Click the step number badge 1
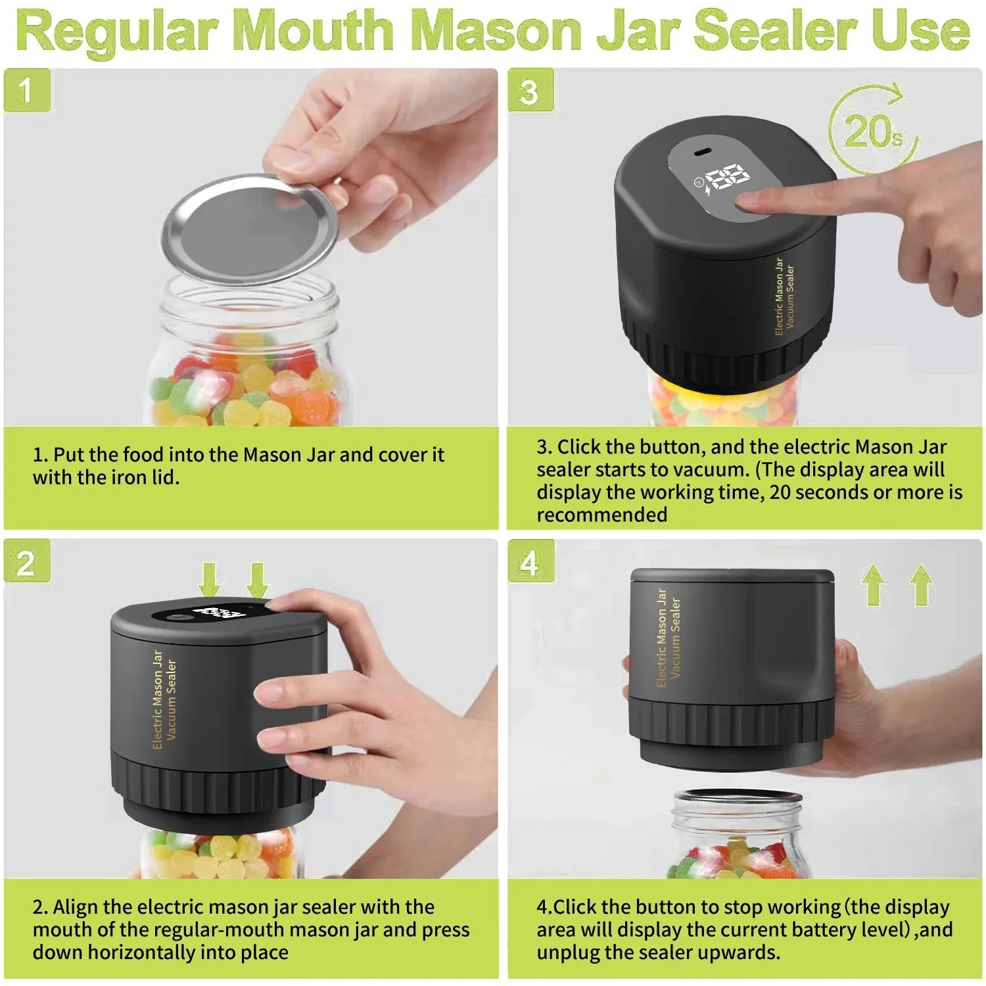tap(26, 90)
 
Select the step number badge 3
tap(530, 90)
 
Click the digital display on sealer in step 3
tap(726, 179)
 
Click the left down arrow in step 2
tap(210, 578)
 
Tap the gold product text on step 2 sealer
tap(164, 700)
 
